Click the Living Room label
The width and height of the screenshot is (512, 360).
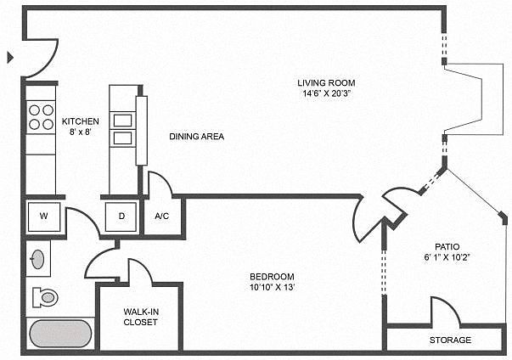324,82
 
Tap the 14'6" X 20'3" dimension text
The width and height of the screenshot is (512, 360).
324,93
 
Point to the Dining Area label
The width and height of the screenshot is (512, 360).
196,136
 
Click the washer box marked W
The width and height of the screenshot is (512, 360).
43,216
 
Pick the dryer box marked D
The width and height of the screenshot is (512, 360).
121,216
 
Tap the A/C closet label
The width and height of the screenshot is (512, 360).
161,216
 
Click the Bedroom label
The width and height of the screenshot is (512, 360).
272,277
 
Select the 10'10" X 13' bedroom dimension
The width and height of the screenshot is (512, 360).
272,288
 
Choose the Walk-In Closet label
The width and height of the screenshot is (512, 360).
140,317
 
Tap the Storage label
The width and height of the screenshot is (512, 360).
449,340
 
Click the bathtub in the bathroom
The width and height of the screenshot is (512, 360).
62,333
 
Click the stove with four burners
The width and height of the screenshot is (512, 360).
39,116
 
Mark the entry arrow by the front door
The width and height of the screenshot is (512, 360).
11,58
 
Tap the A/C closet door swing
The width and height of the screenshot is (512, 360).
160,183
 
